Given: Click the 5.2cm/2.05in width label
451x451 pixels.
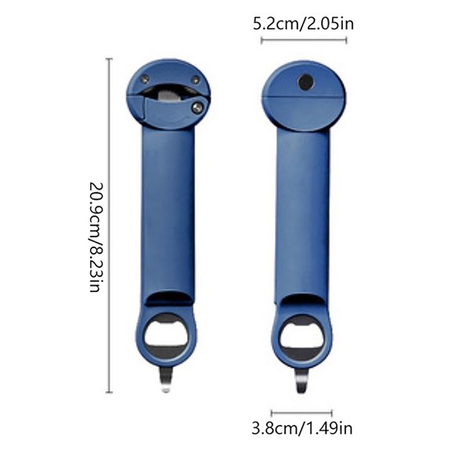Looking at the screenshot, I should pos(303,23).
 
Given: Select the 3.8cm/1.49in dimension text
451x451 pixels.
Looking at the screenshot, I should pos(301,428).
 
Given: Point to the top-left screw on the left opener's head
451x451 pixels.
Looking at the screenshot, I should pos(146,77).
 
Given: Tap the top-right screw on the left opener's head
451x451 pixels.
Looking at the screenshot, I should pos(195,79).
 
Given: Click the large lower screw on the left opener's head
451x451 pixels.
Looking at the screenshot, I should pos(198,106).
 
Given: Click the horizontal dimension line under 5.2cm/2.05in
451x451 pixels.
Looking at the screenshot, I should pos(303,41).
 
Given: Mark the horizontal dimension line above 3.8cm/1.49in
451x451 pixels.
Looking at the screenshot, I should pos(301,411).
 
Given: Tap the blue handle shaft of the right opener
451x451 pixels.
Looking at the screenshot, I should pos(301,211).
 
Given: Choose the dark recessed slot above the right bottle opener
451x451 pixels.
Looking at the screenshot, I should pos(301,299).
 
